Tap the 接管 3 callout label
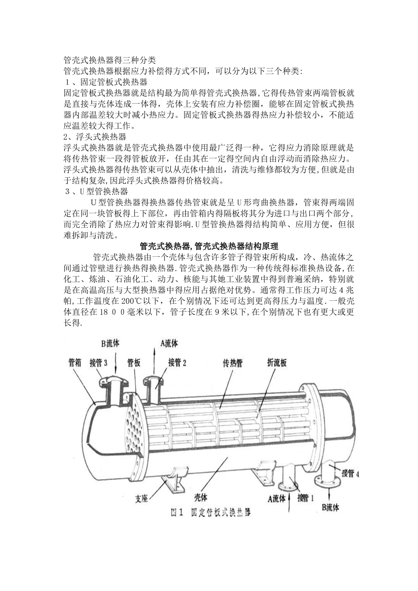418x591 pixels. (x=99, y=363)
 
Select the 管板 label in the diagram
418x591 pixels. (x=134, y=363)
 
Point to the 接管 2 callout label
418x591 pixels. (x=177, y=363)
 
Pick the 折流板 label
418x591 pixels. (x=277, y=363)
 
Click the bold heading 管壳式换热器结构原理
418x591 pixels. (x=209, y=245)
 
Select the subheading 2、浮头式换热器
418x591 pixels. (x=95, y=136)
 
